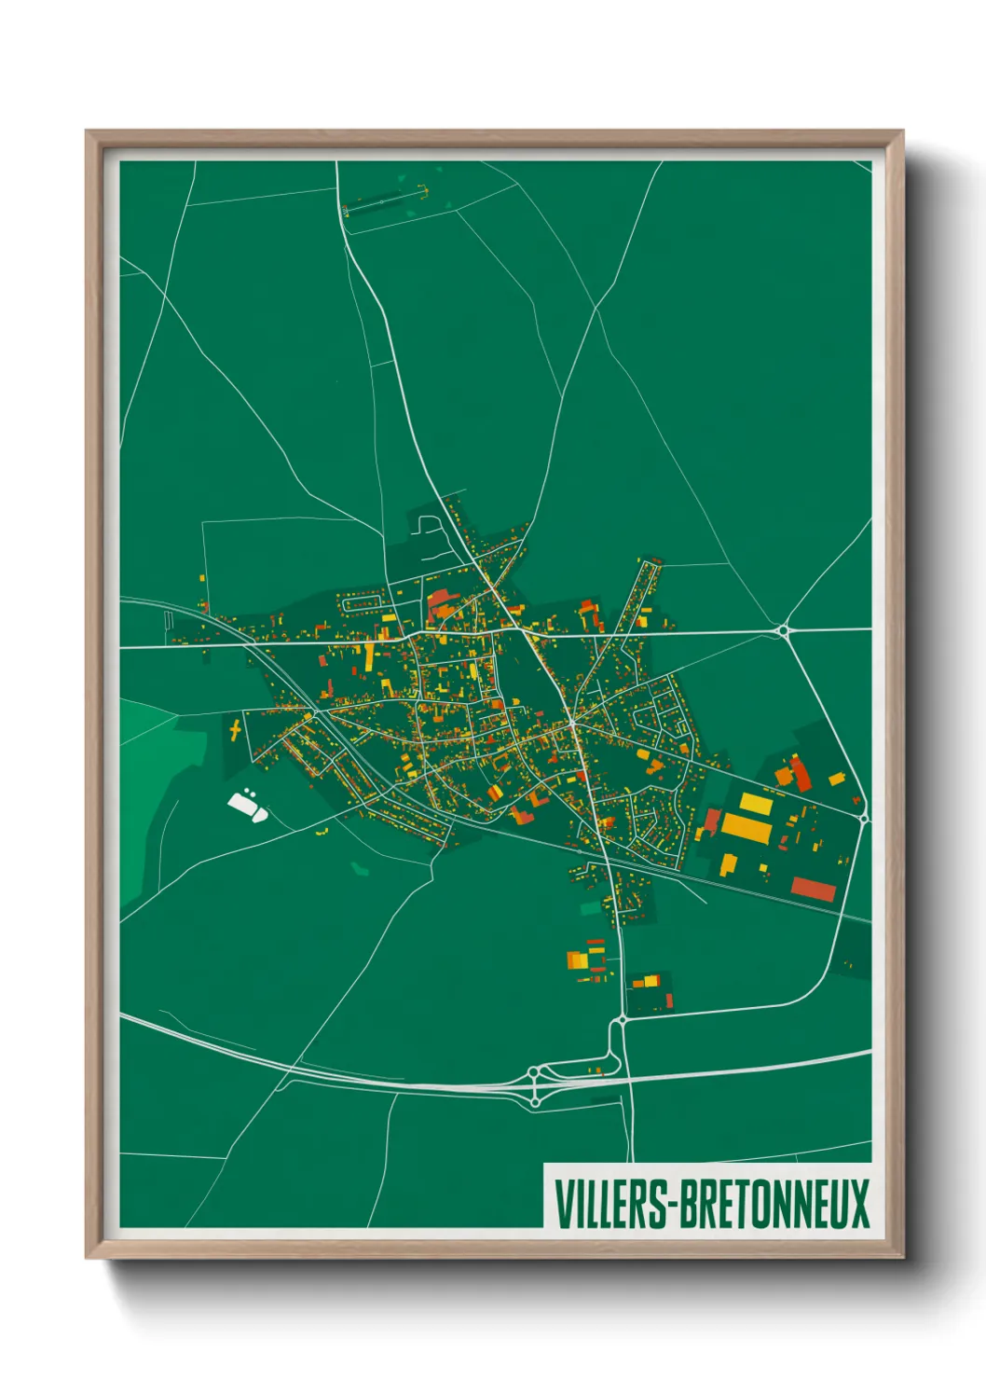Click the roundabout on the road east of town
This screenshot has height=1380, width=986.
pyautogui.click(x=783, y=631)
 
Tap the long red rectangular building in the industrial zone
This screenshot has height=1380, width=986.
pyautogui.click(x=813, y=889)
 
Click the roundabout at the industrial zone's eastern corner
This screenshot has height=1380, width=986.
pyautogui.click(x=864, y=818)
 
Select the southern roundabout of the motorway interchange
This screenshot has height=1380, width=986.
pyautogui.click(x=535, y=1102)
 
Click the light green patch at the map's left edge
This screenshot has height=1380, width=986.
pyautogui.click(x=140, y=793)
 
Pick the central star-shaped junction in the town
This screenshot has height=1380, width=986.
pyautogui.click(x=571, y=723)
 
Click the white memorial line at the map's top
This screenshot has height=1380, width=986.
pyautogui.click(x=384, y=201)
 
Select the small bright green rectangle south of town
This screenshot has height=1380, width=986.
pyautogui.click(x=590, y=907)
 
